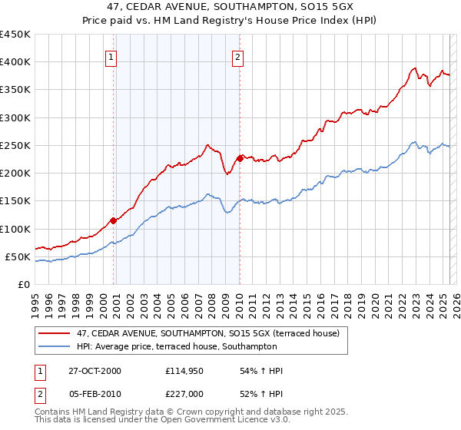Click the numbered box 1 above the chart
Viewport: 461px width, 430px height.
tap(111, 57)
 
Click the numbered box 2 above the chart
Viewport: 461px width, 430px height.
tap(237, 57)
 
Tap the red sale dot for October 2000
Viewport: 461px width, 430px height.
tap(114, 220)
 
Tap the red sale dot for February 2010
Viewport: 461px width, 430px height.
tap(240, 158)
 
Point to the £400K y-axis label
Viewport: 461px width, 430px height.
tap(15, 62)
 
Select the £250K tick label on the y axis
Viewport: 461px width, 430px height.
tap(15, 145)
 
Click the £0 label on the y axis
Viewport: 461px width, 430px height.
tap(25, 284)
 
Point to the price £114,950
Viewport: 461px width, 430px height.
tap(183, 371)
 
